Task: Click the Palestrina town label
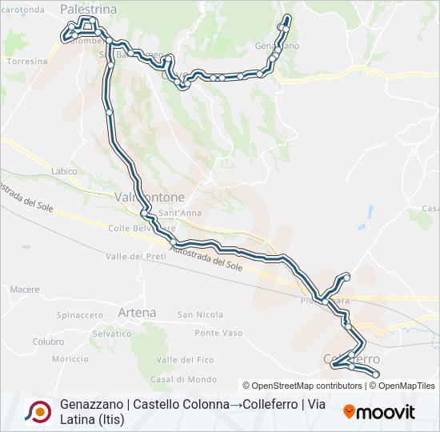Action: coord(88,9)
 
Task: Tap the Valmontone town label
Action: coord(150,197)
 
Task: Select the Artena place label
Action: coord(136,312)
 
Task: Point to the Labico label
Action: coord(63,171)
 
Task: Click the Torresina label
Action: coord(26,61)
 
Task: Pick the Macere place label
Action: coord(25,289)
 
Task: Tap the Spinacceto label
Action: coord(80,315)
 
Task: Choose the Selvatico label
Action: coord(112,333)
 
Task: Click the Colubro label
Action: coord(48,342)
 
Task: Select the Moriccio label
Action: coord(70,358)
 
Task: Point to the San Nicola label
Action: coord(200,314)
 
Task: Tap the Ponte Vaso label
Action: coord(218,333)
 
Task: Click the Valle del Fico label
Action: coord(185,359)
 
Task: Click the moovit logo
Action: coord(379,412)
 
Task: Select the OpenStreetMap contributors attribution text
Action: coord(303,386)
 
